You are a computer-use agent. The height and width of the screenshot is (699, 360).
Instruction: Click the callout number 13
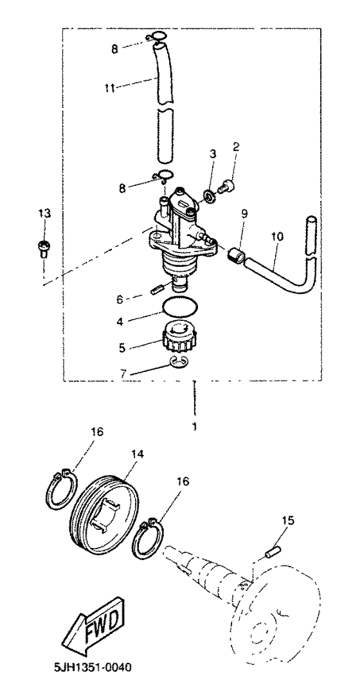pyautogui.click(x=42, y=213)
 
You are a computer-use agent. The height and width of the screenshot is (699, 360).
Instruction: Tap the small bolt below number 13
pyautogui.click(x=42, y=247)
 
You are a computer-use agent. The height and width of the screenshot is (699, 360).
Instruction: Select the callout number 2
pyautogui.click(x=236, y=147)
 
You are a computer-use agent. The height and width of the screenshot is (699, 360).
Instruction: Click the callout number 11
pyautogui.click(x=111, y=88)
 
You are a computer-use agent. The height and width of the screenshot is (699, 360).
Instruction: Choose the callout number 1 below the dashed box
pyautogui.click(x=194, y=425)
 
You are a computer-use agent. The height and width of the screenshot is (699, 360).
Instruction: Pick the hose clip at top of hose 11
pyautogui.click(x=157, y=38)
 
